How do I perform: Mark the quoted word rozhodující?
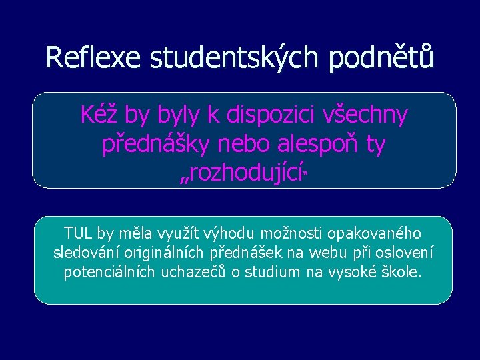pos(241,175)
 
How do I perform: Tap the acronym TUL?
pos(79,233)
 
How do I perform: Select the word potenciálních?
pos(110,273)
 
